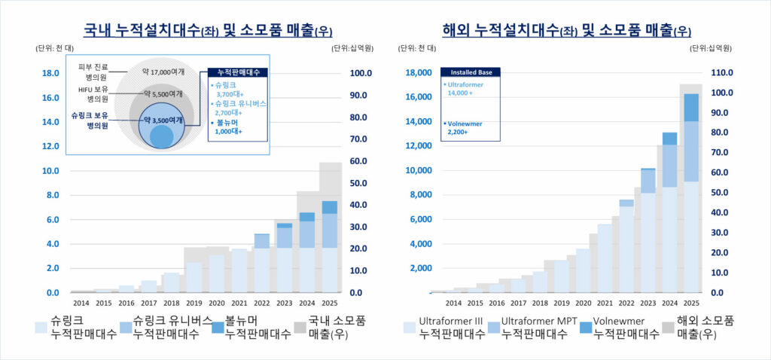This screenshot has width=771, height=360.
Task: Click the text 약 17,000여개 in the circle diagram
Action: [163, 72]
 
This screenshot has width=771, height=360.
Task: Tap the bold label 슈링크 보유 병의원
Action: [90, 121]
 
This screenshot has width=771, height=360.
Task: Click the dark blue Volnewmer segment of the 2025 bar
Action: [690, 107]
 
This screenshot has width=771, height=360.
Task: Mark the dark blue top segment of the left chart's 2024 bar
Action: [306, 217]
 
